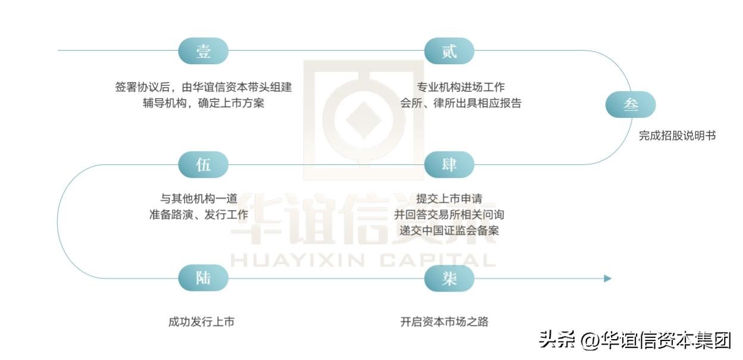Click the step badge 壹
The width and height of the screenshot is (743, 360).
[204, 51]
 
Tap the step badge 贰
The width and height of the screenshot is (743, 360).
[449, 51]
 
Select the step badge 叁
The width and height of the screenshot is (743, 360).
[630, 104]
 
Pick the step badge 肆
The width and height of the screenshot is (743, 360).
[449, 165]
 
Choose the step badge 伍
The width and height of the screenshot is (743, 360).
[204, 165]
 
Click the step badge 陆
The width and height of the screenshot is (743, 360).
[204, 278]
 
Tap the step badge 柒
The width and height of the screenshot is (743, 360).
[449, 278]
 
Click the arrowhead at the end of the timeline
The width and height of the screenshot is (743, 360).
[607, 278]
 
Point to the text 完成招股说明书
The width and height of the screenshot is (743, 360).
[677, 136]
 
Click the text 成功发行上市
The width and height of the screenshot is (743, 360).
[201, 322]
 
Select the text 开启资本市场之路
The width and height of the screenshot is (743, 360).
[444, 322]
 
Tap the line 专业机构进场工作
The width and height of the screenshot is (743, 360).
[461, 87]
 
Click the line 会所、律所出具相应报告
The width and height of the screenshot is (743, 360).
[461, 103]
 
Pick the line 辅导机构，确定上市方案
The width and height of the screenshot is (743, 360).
[204, 103]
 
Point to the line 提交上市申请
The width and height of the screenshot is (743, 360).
[449, 199]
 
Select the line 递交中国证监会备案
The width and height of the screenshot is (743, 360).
[449, 230]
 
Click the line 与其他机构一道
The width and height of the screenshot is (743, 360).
[199, 199]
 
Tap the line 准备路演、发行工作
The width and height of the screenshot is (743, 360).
[199, 214]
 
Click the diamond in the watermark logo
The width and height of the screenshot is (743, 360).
[364, 120]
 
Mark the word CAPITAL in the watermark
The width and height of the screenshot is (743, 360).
[438, 260]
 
